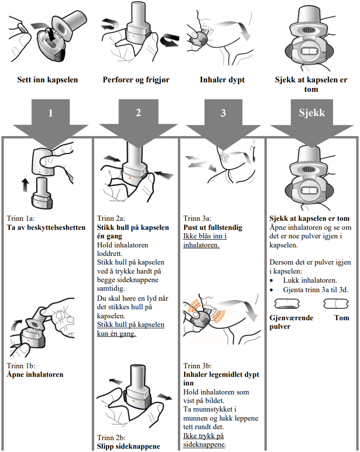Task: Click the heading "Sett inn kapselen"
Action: coord(48,79)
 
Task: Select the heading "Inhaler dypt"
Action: coord(222,79)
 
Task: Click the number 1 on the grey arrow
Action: coord(50,113)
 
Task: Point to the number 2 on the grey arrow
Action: coord(138,113)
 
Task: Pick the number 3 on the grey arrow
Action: coord(223,113)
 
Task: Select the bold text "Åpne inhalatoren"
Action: coord(35,374)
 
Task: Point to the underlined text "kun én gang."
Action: coord(117,334)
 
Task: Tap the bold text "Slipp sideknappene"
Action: coord(128,446)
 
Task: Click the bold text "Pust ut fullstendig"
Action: coord(213,227)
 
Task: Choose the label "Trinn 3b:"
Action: coord(197,366)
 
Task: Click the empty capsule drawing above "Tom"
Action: coord(336,303)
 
